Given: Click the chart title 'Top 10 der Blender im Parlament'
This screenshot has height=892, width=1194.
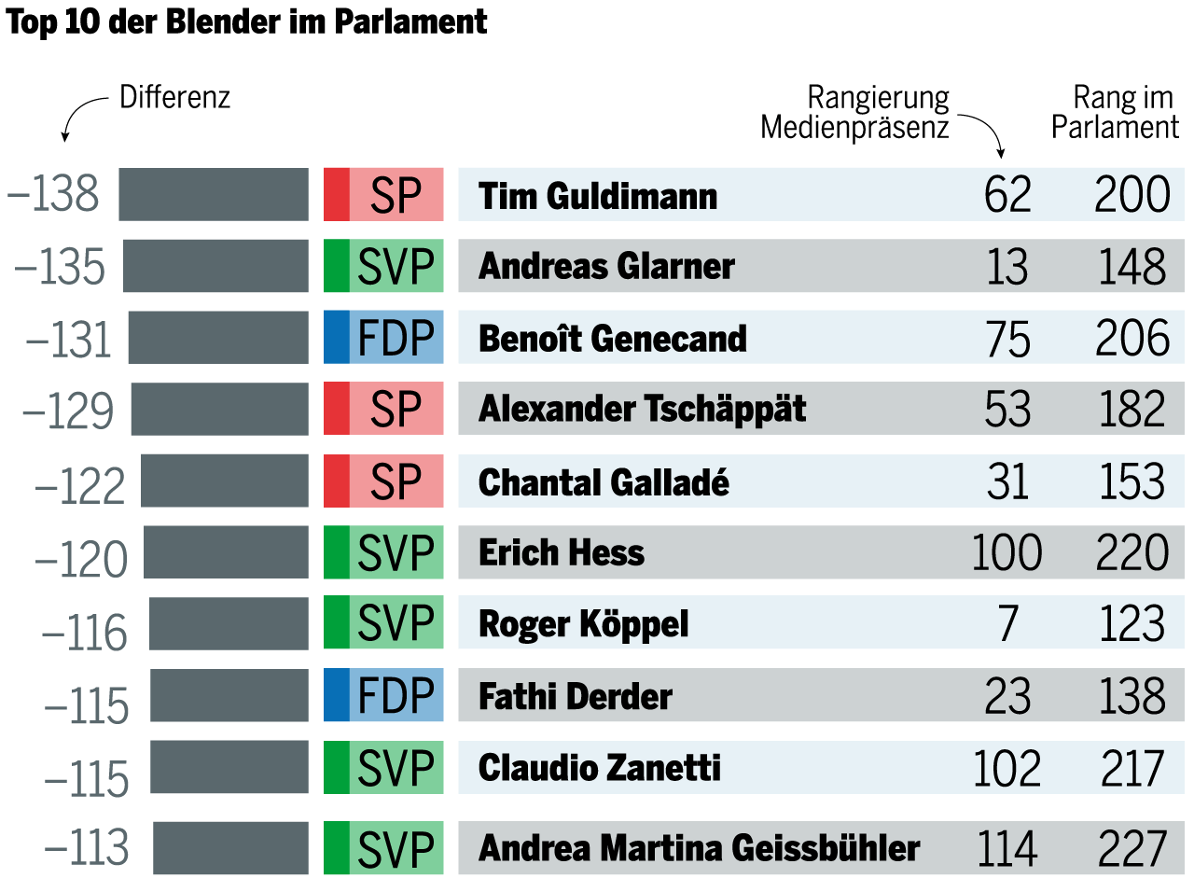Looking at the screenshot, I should [x=246, y=21].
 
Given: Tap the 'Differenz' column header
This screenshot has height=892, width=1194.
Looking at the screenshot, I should [x=174, y=98].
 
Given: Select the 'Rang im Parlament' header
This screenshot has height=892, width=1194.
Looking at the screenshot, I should [x=1116, y=112].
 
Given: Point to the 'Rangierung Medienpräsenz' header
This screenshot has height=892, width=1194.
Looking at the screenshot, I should [x=854, y=112].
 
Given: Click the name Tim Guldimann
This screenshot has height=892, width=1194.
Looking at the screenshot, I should [x=598, y=196].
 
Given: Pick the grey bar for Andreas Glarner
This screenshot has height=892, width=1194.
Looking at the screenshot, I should [x=215, y=266].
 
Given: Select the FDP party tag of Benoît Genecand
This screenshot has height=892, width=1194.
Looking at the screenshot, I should [x=383, y=338].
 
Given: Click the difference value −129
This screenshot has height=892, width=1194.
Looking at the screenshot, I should [x=68, y=411].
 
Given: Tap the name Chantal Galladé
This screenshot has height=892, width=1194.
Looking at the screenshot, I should [x=604, y=482].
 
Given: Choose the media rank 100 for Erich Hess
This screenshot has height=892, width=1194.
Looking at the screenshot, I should [x=1007, y=552].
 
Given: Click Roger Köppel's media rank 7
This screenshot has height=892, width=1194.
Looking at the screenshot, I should [x=1008, y=624].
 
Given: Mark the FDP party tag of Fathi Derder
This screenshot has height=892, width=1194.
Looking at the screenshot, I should [x=383, y=696].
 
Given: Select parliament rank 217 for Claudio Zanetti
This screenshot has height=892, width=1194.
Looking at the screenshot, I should [x=1132, y=769].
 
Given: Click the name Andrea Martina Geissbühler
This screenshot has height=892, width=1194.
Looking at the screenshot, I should [x=699, y=848].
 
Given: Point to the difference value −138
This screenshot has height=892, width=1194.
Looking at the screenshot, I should [x=53, y=194].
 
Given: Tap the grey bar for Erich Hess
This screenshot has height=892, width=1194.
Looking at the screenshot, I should [x=226, y=552].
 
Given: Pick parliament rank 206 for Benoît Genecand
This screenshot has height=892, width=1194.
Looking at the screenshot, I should [x=1132, y=339].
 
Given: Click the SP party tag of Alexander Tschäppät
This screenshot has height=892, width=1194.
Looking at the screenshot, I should [x=383, y=410].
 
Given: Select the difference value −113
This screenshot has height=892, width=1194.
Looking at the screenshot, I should [x=87, y=847].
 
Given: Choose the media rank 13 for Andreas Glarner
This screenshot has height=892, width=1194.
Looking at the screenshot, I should [x=1007, y=267].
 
